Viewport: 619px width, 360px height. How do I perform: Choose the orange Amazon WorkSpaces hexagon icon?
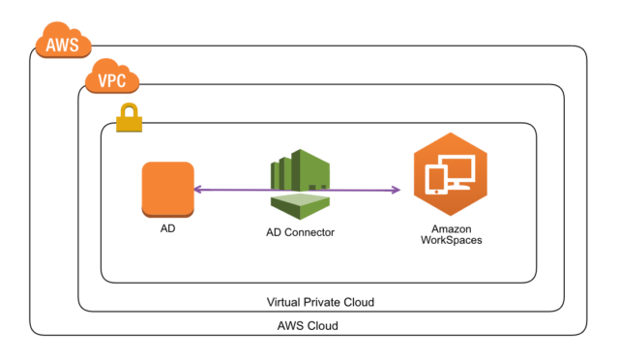pos(450,177)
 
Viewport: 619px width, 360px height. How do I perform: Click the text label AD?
pos(167,233)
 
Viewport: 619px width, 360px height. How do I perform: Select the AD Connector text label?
pos(300,233)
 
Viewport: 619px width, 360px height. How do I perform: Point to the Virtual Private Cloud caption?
pos(319,302)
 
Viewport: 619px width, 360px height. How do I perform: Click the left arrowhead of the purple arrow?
pos(195,190)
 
